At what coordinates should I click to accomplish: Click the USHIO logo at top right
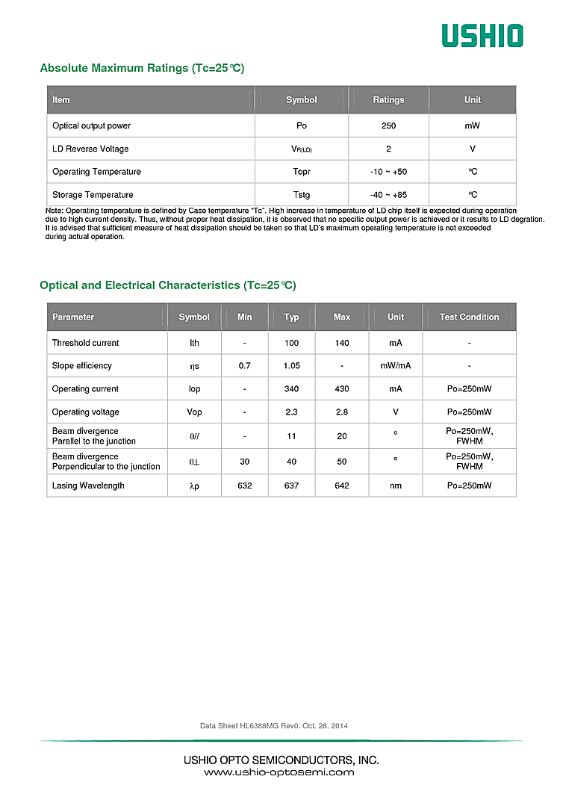[482, 35]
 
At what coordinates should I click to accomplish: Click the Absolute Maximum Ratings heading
[142, 69]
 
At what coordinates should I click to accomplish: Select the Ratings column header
[388, 100]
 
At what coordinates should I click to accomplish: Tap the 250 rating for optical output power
[388, 126]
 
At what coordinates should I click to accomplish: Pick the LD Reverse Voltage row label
[90, 149]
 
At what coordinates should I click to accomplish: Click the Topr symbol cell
[301, 172]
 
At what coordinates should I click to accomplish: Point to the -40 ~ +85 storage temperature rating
[388, 195]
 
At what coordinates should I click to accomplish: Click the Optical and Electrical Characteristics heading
[168, 285]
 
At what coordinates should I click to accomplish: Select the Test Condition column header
[469, 317]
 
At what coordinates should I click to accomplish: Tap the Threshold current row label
[85, 343]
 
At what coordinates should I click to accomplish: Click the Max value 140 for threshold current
[342, 343]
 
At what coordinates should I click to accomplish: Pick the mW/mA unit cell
[396, 366]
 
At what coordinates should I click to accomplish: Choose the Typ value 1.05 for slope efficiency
[291, 366]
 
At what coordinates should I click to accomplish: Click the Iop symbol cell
[194, 389]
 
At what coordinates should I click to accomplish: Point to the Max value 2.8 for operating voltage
[342, 412]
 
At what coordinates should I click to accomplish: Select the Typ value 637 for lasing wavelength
[291, 486]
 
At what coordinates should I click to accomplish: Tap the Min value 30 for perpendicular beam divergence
[245, 462]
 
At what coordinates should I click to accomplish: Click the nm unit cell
[396, 486]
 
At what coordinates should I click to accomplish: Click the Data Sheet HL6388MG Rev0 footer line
[274, 726]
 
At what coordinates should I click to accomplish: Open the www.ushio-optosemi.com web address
[279, 772]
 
